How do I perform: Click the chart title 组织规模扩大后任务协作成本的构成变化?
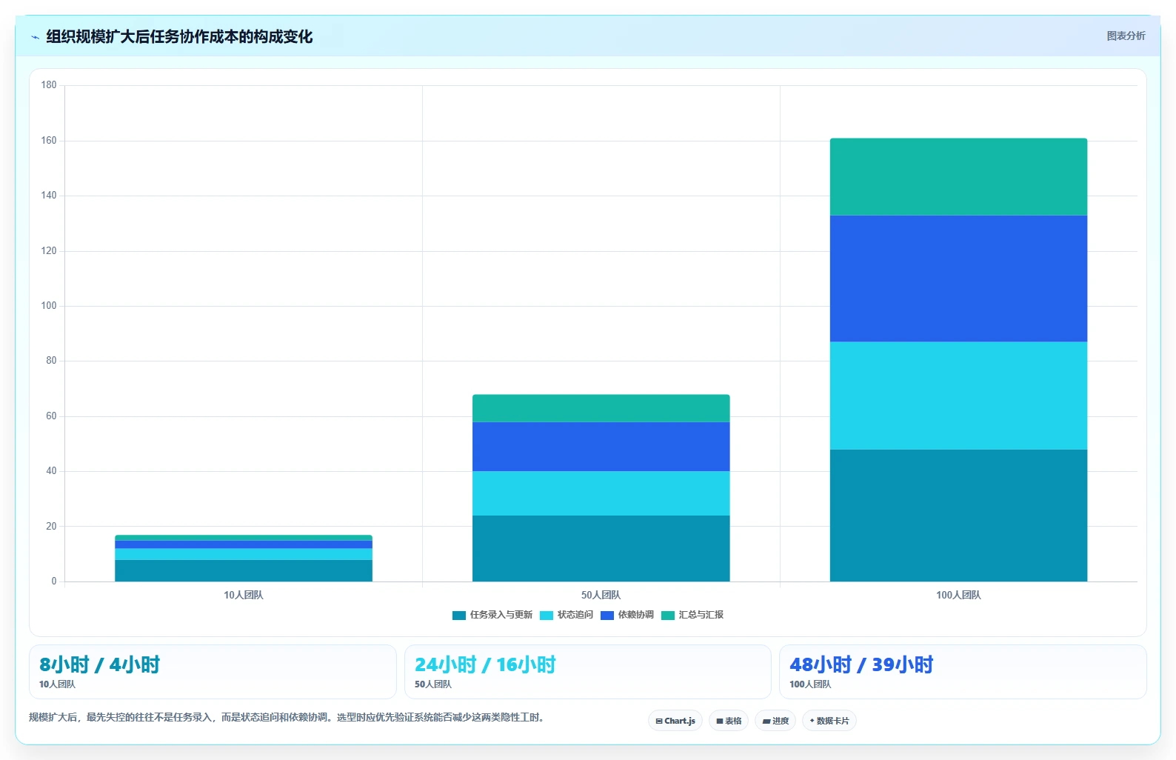pos(179,37)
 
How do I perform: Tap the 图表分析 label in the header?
pos(1126,36)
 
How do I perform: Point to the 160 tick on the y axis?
pos(49,140)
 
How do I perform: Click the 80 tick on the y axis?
pos(51,360)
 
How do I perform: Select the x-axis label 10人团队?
pos(244,595)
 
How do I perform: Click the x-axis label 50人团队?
pos(601,595)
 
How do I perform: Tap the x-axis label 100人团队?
pos(958,595)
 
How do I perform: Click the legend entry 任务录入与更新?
pos(492,615)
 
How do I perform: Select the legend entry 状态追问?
pos(567,615)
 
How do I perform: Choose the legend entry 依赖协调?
pos(627,615)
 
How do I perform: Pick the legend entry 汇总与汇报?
pos(692,615)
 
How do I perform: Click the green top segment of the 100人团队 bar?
pos(958,177)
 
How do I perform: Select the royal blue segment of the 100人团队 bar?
pos(958,279)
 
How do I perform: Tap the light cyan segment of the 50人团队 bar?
pos(601,493)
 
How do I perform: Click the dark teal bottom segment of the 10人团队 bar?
pos(244,570)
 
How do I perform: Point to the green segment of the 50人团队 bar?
pos(601,408)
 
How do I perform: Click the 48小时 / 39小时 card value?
pos(861,664)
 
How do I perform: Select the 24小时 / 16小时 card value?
pos(485,664)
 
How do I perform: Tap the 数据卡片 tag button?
pos(829,721)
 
